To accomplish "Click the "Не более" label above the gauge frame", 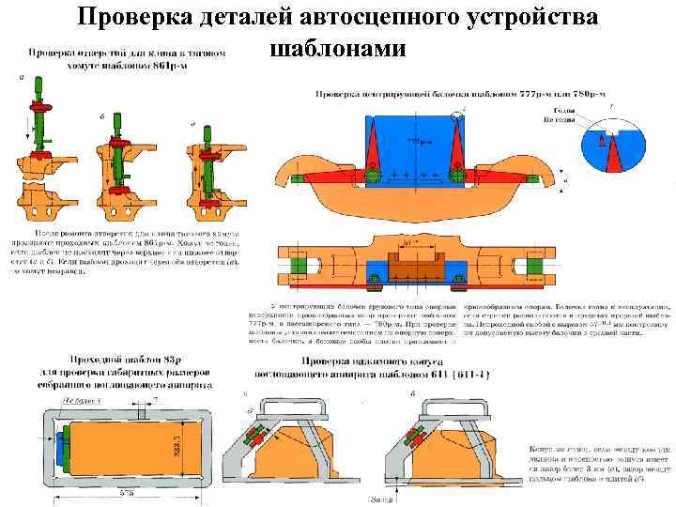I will coord(85,398).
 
